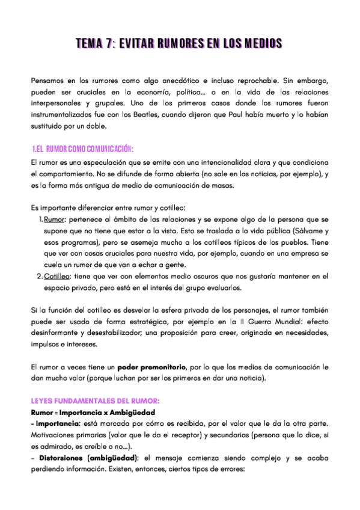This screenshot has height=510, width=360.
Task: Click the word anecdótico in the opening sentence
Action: pos(158,80)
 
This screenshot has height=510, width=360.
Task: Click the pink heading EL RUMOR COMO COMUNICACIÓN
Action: pos(82,149)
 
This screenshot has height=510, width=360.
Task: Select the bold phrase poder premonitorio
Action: pos(153,368)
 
